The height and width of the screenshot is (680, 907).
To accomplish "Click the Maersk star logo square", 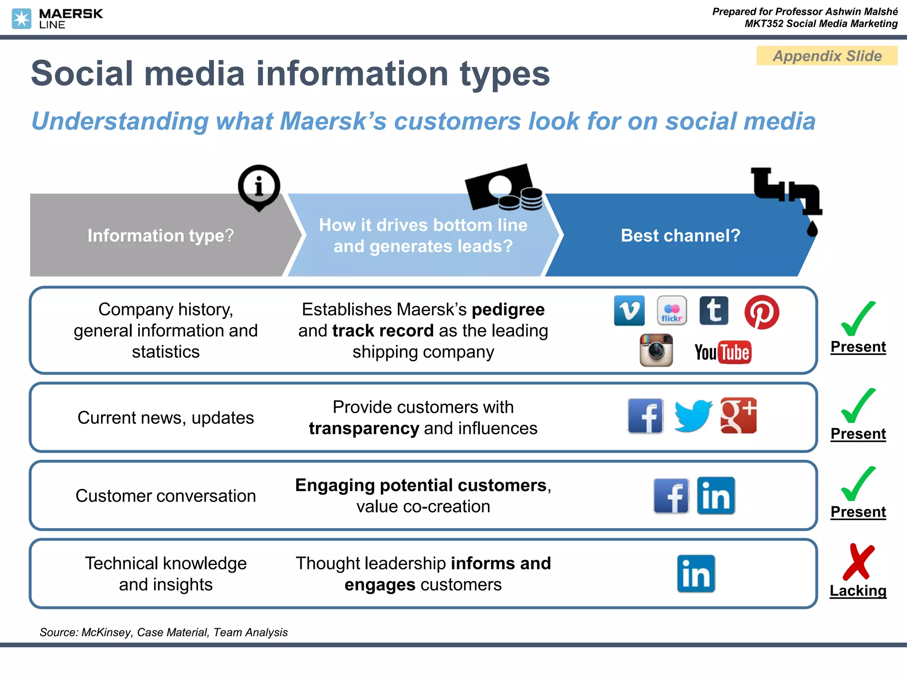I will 21,19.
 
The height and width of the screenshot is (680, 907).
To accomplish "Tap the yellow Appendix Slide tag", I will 827,56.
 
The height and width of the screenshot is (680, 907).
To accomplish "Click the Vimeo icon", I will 629,311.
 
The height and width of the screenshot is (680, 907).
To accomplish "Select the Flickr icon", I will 671,311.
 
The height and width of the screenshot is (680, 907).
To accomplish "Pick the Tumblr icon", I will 713,311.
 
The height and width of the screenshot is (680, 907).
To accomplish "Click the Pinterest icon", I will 761,312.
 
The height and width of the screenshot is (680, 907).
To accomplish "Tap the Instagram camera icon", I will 656,350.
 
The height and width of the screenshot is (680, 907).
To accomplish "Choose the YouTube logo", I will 722,352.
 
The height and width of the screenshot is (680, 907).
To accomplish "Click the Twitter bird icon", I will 692,416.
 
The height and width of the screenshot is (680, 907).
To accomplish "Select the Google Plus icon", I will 738,416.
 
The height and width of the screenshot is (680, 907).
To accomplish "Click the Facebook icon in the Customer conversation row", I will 671,496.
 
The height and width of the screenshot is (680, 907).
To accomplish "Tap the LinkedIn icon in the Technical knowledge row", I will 696,574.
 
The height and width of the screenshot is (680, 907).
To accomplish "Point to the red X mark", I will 858,562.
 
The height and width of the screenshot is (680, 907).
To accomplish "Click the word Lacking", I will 858,591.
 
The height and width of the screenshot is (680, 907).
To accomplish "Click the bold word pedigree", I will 508,310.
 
